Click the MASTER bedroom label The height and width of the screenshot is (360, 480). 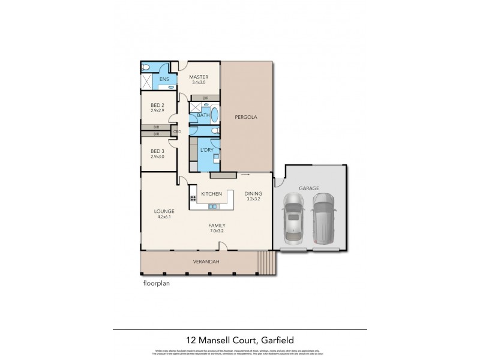point(198,77)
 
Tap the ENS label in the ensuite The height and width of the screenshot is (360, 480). point(163,79)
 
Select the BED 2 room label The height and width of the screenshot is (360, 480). point(157,105)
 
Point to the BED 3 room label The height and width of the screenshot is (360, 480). point(157,151)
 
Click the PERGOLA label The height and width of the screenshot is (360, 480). point(246,118)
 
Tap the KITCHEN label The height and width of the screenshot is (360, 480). point(212,194)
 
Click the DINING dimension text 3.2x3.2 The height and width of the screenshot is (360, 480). point(253,199)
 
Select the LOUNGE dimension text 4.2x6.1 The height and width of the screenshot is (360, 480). point(164,217)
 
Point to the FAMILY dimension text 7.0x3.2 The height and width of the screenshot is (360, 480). point(217,230)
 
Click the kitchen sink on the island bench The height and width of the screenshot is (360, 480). point(212,207)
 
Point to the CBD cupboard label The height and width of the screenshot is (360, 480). point(177,131)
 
